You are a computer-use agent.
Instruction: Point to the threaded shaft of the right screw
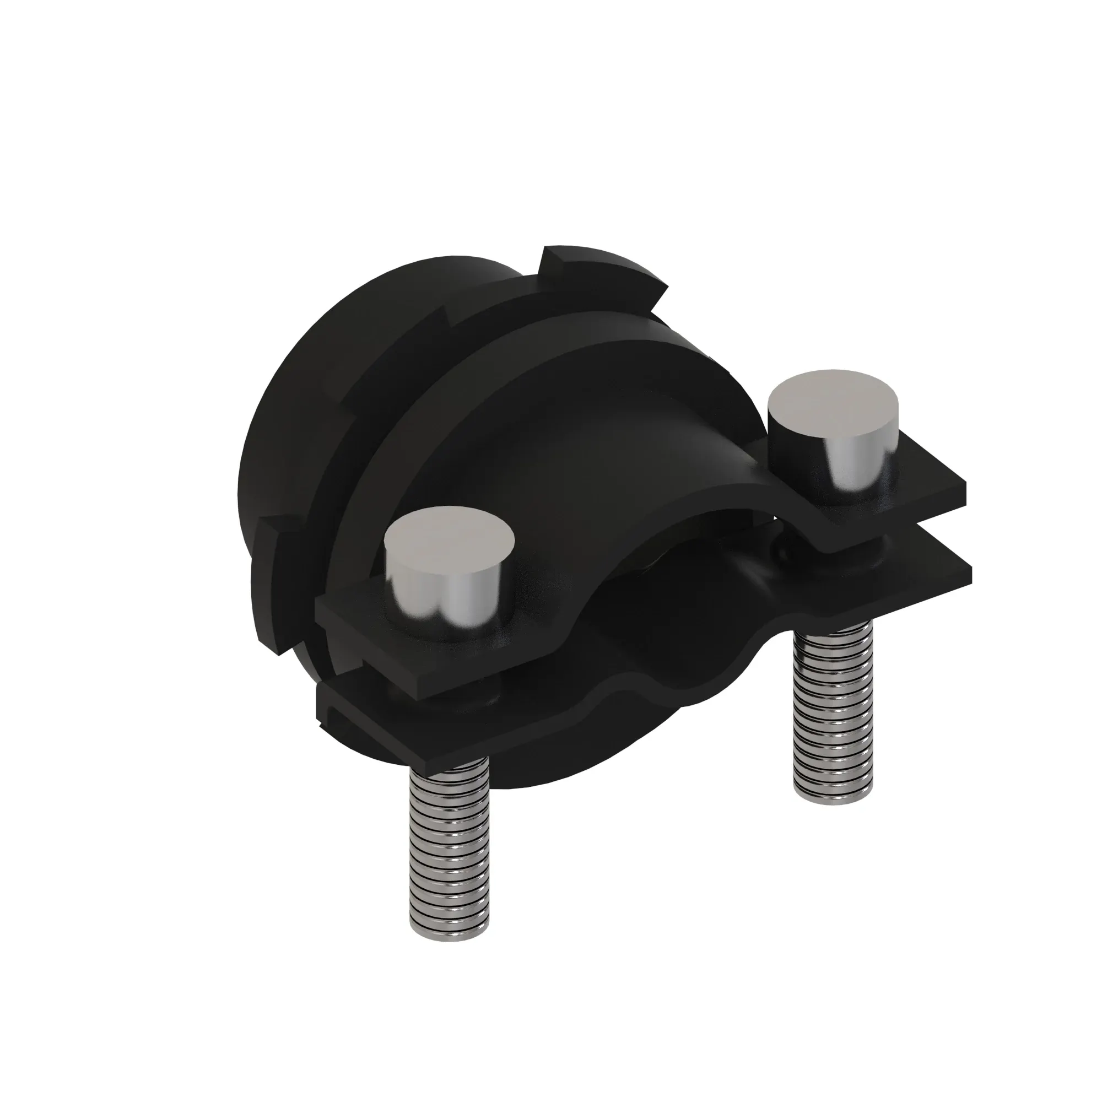pos(833,713)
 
